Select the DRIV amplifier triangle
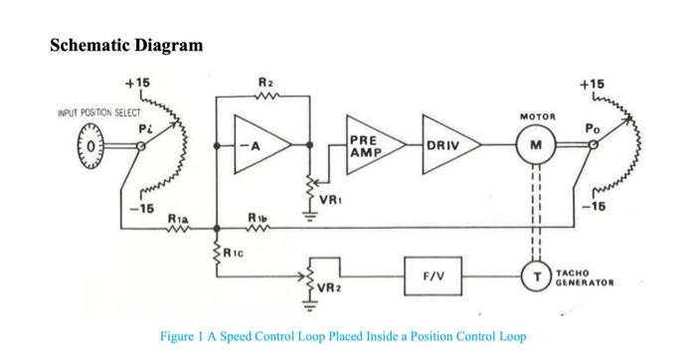(x=444, y=145)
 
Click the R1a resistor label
(x=176, y=217)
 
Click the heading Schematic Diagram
(x=126, y=46)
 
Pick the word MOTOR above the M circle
(x=536, y=116)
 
